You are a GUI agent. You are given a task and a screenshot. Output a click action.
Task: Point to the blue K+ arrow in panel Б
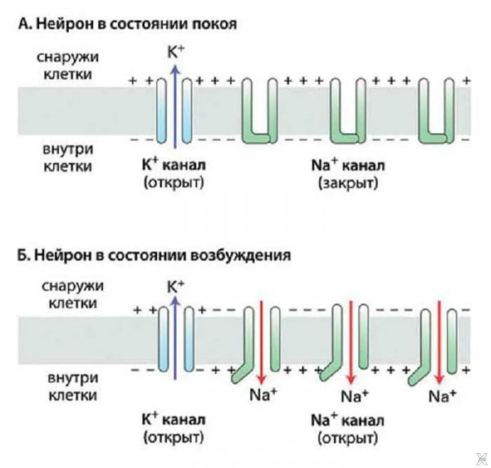pos(176,335)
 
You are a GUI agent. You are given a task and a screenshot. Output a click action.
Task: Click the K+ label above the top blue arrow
pos(176,52)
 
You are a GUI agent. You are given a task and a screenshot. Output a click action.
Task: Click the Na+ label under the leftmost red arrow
pos(263,395)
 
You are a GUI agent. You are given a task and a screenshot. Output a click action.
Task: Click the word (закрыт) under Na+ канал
pos(348,183)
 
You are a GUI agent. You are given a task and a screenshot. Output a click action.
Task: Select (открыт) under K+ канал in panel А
pos(173,183)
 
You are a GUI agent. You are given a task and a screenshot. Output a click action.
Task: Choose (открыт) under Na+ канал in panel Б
pos(347,439)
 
